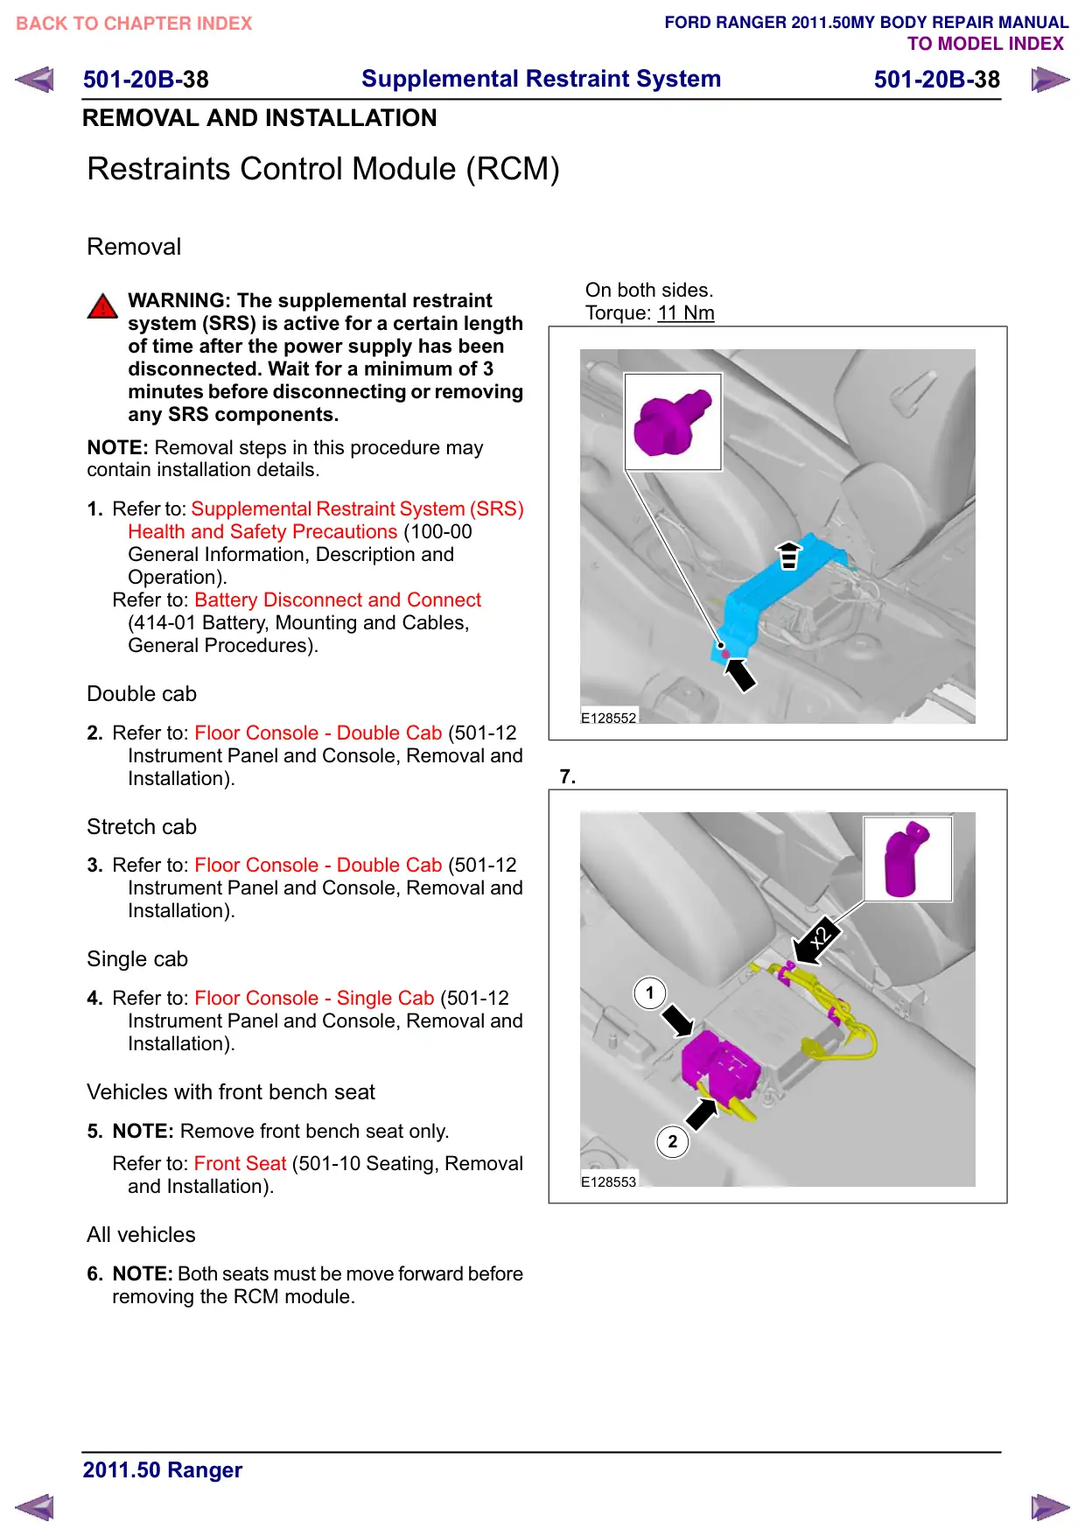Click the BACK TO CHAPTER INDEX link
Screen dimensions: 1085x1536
(x=134, y=24)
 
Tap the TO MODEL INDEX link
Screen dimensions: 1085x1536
(x=985, y=44)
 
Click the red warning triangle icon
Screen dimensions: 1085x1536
(x=102, y=305)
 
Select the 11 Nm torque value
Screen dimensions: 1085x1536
(x=686, y=313)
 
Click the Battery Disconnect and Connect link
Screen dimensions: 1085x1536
(x=338, y=600)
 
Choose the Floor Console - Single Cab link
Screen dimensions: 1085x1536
(x=314, y=999)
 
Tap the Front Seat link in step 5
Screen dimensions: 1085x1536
(x=241, y=1164)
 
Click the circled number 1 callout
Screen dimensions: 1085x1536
(x=649, y=993)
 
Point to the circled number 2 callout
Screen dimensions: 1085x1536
(x=672, y=1141)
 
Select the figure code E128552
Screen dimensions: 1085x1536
(x=609, y=718)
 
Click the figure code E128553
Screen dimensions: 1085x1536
(x=609, y=1182)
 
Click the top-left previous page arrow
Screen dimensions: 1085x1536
(x=35, y=80)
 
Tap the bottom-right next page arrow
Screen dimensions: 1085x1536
(x=1050, y=1508)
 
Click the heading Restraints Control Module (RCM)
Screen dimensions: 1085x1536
(x=324, y=169)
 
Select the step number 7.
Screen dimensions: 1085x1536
(x=568, y=777)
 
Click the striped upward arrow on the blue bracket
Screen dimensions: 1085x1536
(x=789, y=555)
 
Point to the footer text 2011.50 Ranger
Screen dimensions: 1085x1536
(x=163, y=1470)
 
